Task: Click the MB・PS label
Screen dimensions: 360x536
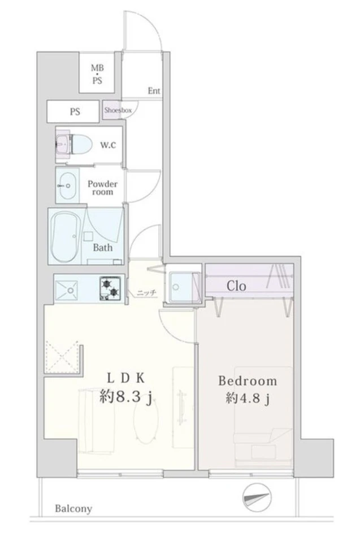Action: (97, 74)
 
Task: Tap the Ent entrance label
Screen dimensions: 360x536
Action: (154, 91)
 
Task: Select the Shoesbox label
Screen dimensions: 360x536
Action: (118, 110)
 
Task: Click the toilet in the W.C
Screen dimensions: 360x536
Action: (74, 145)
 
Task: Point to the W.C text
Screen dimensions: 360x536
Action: (108, 145)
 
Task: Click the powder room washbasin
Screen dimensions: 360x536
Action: (67, 185)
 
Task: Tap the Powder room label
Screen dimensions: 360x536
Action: (102, 188)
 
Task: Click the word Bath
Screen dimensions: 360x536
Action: (102, 247)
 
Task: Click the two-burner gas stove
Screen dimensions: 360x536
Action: (110, 288)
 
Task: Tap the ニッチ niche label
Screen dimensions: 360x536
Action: (147, 293)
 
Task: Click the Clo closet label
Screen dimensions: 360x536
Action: (236, 286)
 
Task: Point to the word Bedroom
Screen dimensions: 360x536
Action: (248, 381)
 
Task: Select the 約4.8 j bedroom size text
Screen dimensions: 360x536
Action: (248, 398)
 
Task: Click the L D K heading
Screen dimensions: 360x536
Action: (126, 378)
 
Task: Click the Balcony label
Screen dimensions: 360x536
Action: (73, 509)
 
